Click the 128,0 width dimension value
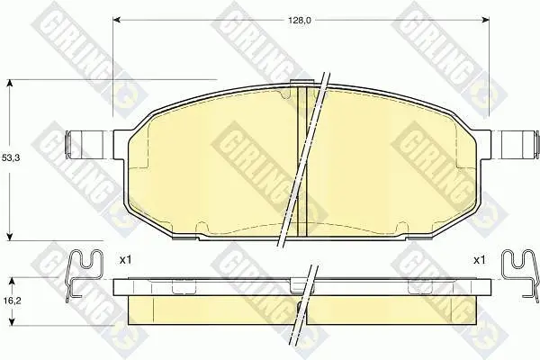300,21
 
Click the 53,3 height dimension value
11,158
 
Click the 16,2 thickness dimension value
12,301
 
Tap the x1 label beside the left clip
125,260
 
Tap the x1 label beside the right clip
479,260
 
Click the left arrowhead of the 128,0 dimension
117,21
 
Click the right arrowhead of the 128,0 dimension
486,21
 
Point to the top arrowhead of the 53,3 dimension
10,84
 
